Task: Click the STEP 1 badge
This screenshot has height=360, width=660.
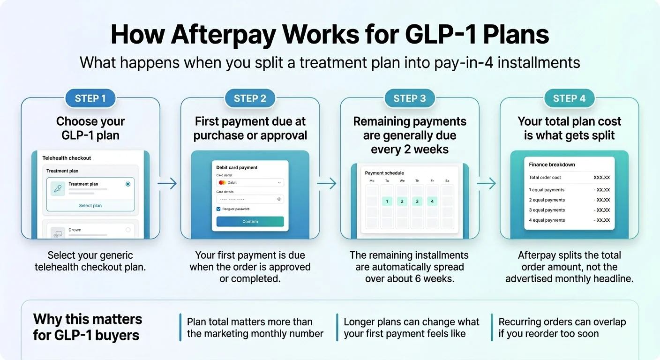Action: [90, 98]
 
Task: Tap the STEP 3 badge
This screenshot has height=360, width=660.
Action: [409, 98]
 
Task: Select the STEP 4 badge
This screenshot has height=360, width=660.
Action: [569, 98]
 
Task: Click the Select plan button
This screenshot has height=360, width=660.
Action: [90, 205]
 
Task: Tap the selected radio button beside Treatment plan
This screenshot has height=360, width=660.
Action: [128, 184]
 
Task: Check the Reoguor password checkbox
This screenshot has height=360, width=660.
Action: [218, 209]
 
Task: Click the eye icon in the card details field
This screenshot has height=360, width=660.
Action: [279, 199]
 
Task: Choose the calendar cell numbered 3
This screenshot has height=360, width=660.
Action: [417, 202]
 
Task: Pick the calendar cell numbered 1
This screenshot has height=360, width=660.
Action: [387, 202]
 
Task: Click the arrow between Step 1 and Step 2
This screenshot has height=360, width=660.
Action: [167, 184]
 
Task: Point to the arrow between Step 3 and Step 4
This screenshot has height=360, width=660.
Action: [486, 184]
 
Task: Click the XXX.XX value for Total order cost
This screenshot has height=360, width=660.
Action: [601, 178]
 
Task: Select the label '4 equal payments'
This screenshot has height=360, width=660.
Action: [547, 220]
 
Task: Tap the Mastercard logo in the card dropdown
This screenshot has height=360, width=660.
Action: [222, 182]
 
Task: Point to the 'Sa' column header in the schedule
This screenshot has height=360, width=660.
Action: [447, 180]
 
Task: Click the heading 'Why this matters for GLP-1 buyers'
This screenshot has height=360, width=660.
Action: [88, 327]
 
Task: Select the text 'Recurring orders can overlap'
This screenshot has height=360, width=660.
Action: [562, 322]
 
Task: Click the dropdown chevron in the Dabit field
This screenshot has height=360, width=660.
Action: [279, 182]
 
